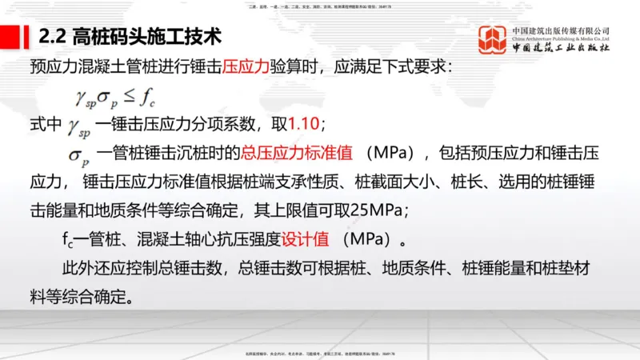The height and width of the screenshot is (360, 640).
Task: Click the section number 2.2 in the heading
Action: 54,37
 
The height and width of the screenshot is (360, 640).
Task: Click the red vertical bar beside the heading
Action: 30,37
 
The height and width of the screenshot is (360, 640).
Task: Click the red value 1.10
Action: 302,125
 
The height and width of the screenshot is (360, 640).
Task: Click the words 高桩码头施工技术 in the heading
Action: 147,37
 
